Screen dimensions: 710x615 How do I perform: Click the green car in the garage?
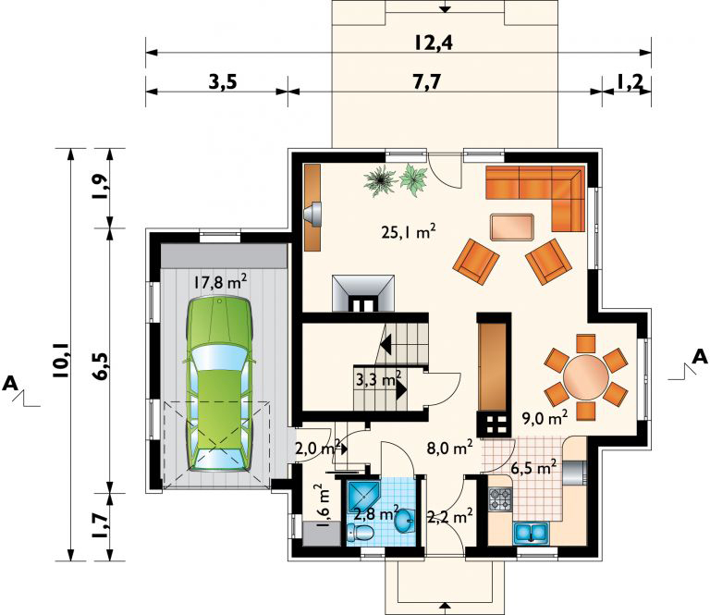220,384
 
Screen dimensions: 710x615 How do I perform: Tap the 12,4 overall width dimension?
434,43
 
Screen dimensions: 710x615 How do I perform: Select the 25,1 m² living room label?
409,233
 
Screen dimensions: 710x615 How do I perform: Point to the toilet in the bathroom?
361,534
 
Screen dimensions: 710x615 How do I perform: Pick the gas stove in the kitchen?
500,499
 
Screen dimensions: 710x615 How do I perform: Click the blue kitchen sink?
532,533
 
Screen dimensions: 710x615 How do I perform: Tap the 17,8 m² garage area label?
220,283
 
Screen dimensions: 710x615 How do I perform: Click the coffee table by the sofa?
512,227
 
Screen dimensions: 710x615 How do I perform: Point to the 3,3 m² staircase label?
378,378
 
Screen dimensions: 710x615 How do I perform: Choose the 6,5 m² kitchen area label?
533,468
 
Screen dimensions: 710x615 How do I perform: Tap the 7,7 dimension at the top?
426,82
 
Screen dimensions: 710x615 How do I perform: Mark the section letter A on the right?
700,357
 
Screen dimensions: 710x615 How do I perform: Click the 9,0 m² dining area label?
545,418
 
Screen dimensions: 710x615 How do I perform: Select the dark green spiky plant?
381,180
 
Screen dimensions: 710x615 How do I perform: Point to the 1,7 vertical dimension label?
101,526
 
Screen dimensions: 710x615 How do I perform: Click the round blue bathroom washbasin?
404,522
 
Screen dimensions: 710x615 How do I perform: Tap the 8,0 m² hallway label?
450,448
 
